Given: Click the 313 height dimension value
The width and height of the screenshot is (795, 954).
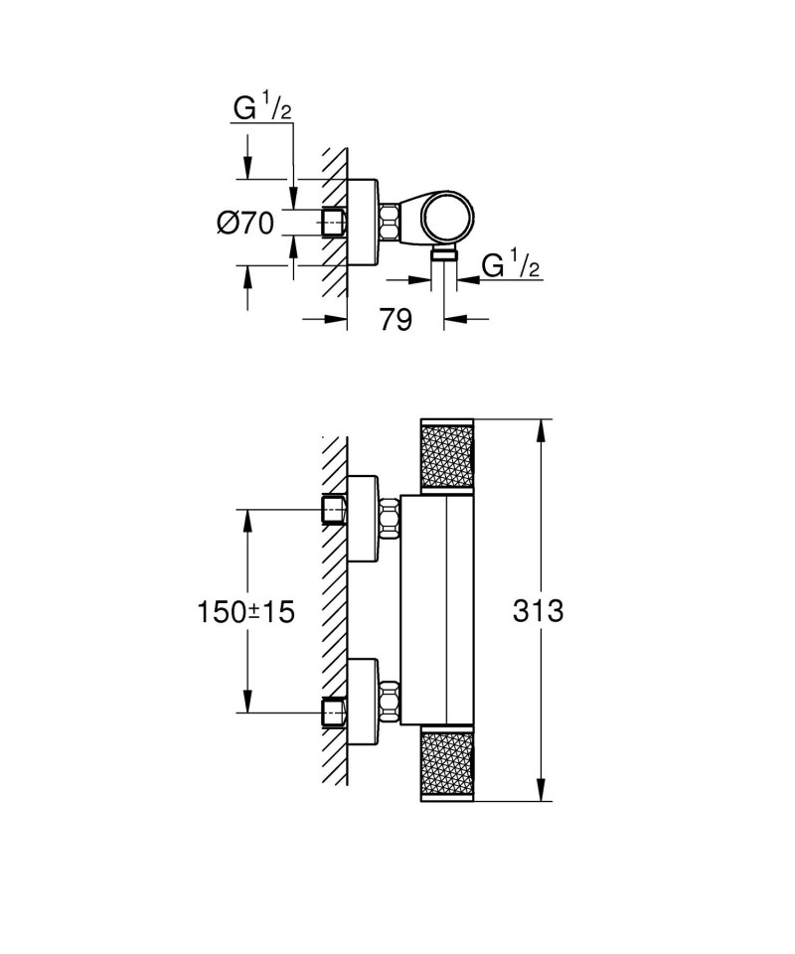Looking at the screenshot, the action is [538, 610].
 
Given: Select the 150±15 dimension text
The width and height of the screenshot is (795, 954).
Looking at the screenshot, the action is [245, 611].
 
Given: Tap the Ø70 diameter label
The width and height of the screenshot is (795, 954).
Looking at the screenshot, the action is [245, 224].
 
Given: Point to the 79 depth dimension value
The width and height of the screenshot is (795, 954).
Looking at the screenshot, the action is [396, 319].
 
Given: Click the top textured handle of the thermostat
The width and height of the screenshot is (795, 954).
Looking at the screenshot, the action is [447, 456].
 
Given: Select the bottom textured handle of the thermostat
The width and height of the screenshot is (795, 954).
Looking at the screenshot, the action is [447, 764].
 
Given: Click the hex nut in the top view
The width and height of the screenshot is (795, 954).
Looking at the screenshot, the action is [390, 222].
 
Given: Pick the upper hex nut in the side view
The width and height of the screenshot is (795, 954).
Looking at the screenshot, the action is [390, 518].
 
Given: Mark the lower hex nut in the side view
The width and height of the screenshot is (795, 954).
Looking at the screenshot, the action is [390, 701].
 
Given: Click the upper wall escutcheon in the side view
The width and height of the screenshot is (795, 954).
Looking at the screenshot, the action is [363, 519].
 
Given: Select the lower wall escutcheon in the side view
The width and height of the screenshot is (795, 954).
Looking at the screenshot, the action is [363, 701].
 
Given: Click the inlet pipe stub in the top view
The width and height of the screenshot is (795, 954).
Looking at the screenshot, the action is [334, 222].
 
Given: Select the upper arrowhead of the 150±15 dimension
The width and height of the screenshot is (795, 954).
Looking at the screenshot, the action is [247, 520].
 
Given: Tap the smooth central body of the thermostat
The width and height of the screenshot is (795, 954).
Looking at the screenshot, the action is [436, 609].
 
